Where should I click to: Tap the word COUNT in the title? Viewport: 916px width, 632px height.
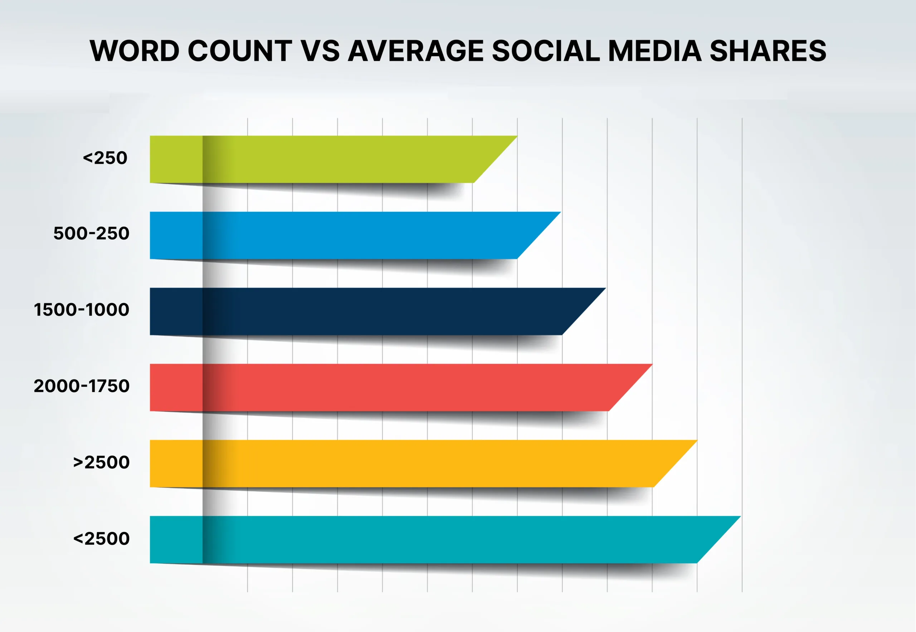[240, 51]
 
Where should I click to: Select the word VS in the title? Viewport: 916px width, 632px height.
[320, 51]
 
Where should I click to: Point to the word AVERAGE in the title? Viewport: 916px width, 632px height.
[416, 51]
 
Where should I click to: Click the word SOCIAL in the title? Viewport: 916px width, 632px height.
[546, 51]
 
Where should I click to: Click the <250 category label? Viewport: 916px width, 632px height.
[105, 158]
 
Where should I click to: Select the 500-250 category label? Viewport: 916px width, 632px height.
[92, 233]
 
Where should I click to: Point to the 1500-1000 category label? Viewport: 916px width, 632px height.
[82, 310]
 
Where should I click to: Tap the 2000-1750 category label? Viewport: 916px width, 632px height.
[82, 386]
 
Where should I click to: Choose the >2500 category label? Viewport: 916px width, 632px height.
[101, 462]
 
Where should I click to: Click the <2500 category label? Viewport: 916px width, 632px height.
[101, 539]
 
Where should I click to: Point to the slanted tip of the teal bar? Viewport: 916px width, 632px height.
[740, 516]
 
